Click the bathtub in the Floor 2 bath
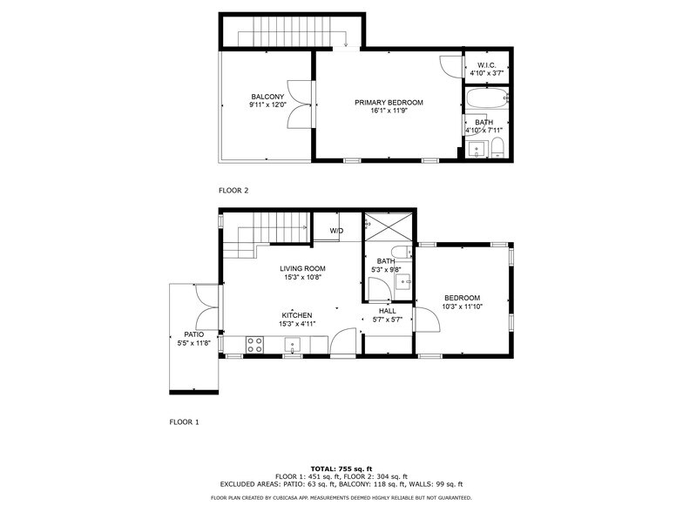pyautogui.click(x=484, y=98)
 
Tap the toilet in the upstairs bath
pyautogui.click(x=497, y=146)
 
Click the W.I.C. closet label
pyautogui.click(x=486, y=65)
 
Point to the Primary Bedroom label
pyautogui.click(x=389, y=103)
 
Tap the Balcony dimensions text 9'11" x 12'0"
pyautogui.click(x=267, y=104)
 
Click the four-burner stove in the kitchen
pyautogui.click(x=255, y=344)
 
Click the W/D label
pyautogui.click(x=335, y=230)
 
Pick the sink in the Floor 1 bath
pyautogui.click(x=403, y=281)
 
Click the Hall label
pyautogui.click(x=388, y=311)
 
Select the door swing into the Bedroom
pyautogui.click(x=425, y=320)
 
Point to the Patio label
pyautogui.click(x=193, y=334)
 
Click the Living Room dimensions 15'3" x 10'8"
pyautogui.click(x=303, y=278)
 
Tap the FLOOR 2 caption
pyautogui.click(x=233, y=190)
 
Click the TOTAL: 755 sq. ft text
pyautogui.click(x=341, y=468)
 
